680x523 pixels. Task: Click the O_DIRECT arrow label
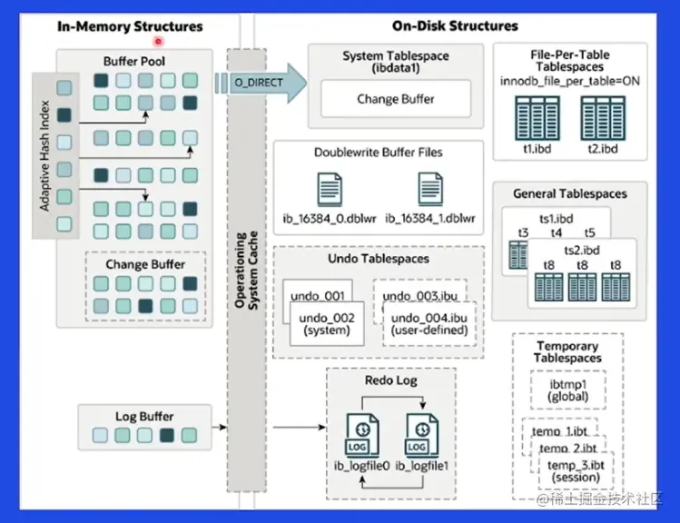tap(258, 84)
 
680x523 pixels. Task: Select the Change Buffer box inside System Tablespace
tap(395, 99)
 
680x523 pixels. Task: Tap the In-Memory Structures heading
tap(130, 26)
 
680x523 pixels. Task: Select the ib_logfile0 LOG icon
tap(362, 433)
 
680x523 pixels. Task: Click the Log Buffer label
tap(144, 417)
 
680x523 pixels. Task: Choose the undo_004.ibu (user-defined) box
tap(426, 323)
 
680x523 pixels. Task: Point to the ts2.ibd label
tap(583, 250)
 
